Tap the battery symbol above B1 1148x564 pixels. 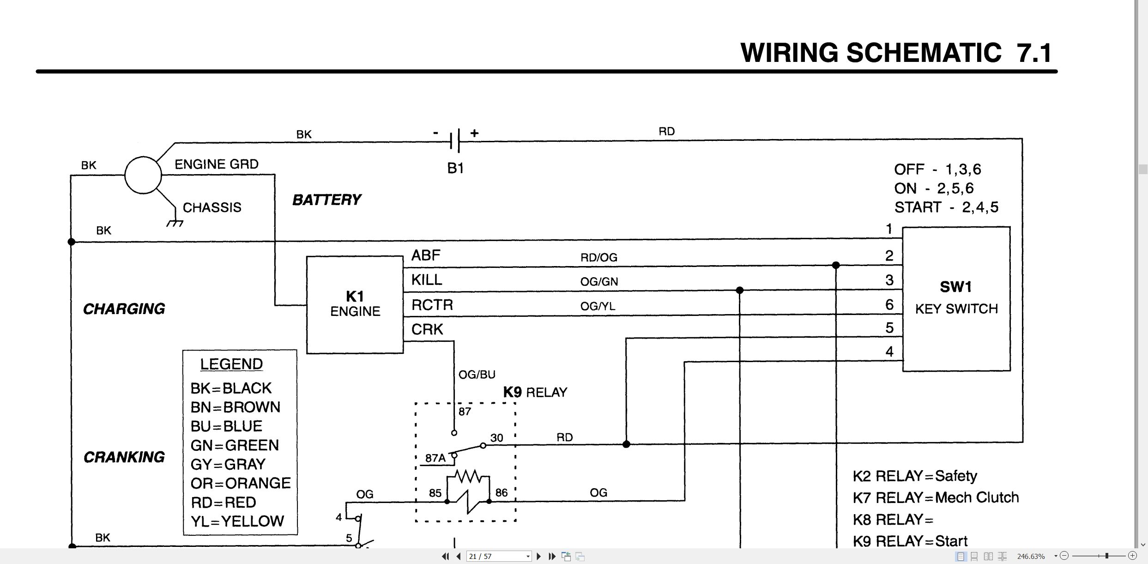(x=455, y=140)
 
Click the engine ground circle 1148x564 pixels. (x=143, y=175)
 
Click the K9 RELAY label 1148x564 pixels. (x=535, y=392)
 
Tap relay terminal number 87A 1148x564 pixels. (x=435, y=458)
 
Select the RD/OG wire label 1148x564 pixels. (x=598, y=257)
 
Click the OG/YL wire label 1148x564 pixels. (x=598, y=306)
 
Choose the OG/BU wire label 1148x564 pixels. (x=477, y=375)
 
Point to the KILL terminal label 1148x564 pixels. (x=427, y=280)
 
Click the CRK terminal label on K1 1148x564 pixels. (x=427, y=329)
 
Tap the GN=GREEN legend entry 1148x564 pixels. (x=235, y=445)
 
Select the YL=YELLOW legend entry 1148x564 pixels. (x=237, y=522)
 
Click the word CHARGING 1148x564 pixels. (x=124, y=309)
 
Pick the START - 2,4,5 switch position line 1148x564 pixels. (x=946, y=207)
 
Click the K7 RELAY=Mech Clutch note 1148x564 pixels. (x=936, y=497)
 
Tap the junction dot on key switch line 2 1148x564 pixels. (x=836, y=265)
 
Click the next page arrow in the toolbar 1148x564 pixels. (x=538, y=556)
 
